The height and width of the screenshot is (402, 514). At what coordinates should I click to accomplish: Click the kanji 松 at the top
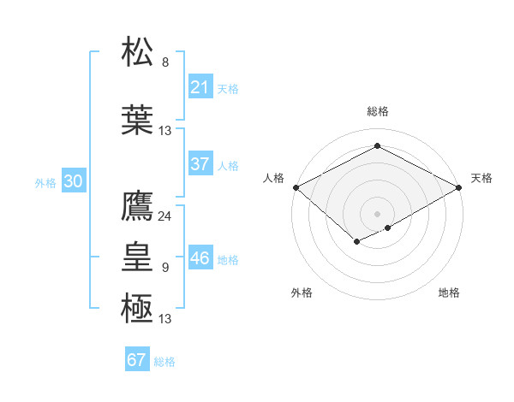click(138, 51)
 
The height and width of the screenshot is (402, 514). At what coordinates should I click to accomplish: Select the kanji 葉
click(138, 119)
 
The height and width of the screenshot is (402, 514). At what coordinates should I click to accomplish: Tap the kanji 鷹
click(138, 205)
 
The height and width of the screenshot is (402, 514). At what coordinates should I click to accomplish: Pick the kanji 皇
click(138, 256)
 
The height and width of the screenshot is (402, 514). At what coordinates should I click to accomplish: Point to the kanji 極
click(138, 307)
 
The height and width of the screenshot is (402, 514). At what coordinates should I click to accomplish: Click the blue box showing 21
click(200, 86)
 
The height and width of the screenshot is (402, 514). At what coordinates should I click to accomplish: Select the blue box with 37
click(200, 164)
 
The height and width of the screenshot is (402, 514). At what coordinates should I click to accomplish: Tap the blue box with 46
click(200, 258)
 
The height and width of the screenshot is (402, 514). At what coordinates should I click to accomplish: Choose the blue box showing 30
click(73, 181)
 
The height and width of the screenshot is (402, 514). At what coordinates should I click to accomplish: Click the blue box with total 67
click(137, 360)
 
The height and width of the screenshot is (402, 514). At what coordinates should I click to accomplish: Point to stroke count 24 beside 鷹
click(164, 216)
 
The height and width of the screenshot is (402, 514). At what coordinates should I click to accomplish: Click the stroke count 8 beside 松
click(165, 62)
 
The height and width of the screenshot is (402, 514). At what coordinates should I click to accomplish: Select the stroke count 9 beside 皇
click(165, 268)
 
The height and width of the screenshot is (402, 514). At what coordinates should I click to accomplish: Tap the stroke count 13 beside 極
click(164, 319)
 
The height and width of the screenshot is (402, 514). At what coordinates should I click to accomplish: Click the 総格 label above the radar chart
click(378, 111)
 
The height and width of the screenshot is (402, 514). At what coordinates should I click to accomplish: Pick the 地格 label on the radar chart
click(449, 293)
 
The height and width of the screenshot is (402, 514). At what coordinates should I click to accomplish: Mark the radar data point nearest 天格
click(460, 187)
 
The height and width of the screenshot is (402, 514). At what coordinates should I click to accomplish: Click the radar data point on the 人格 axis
click(296, 187)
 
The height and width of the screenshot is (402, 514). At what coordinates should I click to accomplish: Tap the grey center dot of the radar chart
click(378, 213)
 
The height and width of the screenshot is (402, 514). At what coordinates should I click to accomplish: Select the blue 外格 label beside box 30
click(45, 182)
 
